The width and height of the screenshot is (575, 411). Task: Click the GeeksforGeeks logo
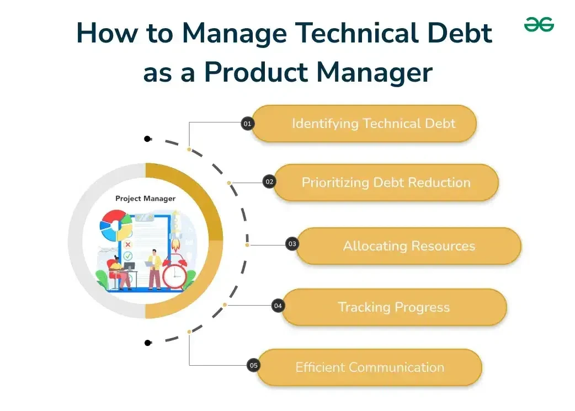click(x=539, y=25)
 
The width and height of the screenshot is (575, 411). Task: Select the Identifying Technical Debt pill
click(x=364, y=124)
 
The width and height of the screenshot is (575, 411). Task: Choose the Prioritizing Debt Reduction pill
click(x=386, y=183)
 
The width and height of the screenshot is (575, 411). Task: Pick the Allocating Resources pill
click(x=408, y=246)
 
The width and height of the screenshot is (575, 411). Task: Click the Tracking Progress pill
click(x=393, y=307)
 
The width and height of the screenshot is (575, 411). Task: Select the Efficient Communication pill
click(x=369, y=367)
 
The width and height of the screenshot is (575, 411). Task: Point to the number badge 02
click(x=269, y=182)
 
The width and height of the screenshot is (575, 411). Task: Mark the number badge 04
click(x=278, y=305)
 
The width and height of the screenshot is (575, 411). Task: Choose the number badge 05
click(x=253, y=365)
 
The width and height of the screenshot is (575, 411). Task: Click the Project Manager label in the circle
click(x=145, y=199)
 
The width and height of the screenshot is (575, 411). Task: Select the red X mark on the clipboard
click(x=128, y=244)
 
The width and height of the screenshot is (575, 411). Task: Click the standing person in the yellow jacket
click(x=155, y=269)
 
